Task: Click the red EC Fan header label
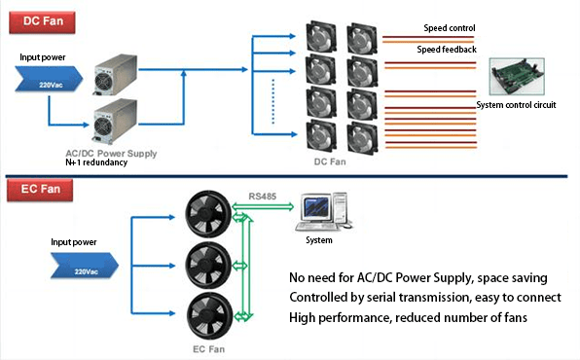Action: pos(34,185)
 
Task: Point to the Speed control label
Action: pos(449,28)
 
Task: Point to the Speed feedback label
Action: pos(447,49)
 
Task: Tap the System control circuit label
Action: pos(517,105)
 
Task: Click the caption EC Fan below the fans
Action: pos(206,347)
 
